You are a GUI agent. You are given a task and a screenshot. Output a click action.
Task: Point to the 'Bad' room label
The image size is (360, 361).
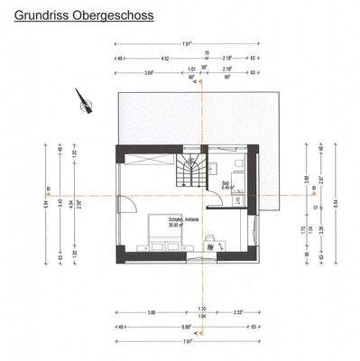click(x=228, y=185)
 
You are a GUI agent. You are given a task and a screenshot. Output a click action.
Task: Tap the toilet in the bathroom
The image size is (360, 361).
click(x=235, y=165)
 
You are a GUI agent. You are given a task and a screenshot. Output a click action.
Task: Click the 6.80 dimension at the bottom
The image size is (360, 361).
click(x=185, y=326)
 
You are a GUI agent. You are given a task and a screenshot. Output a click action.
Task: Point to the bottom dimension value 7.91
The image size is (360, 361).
click(x=185, y=342)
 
